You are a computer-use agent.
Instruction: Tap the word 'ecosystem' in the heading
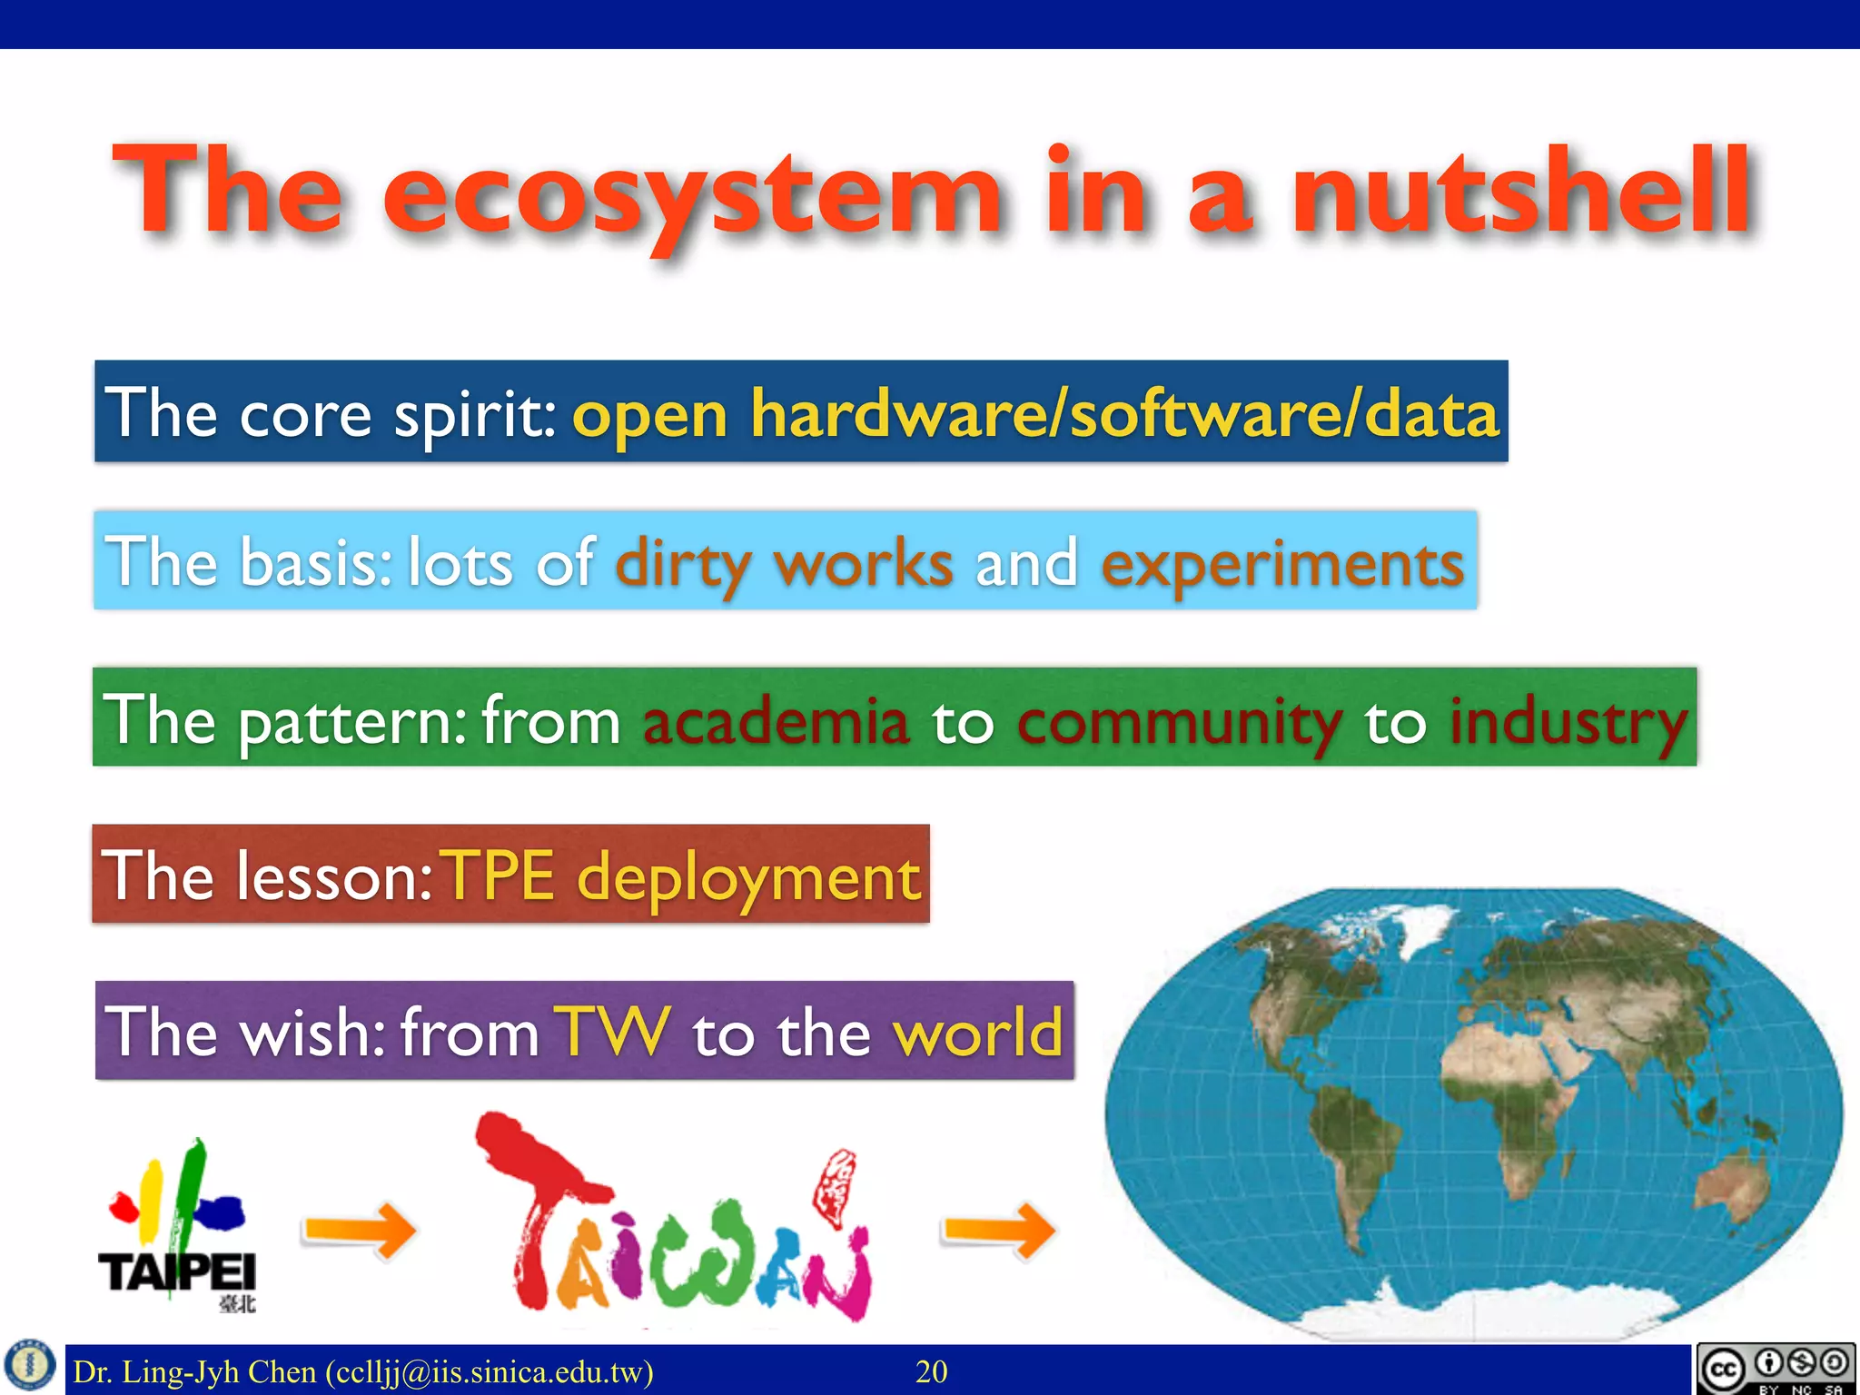point(692,195)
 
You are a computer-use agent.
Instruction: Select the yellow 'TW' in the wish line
point(616,1033)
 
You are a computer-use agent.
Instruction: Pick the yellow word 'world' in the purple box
point(977,1033)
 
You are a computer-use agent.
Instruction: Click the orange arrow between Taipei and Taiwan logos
point(359,1231)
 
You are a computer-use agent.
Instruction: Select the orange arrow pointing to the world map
point(998,1231)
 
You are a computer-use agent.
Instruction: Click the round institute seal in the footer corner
point(31,1366)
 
